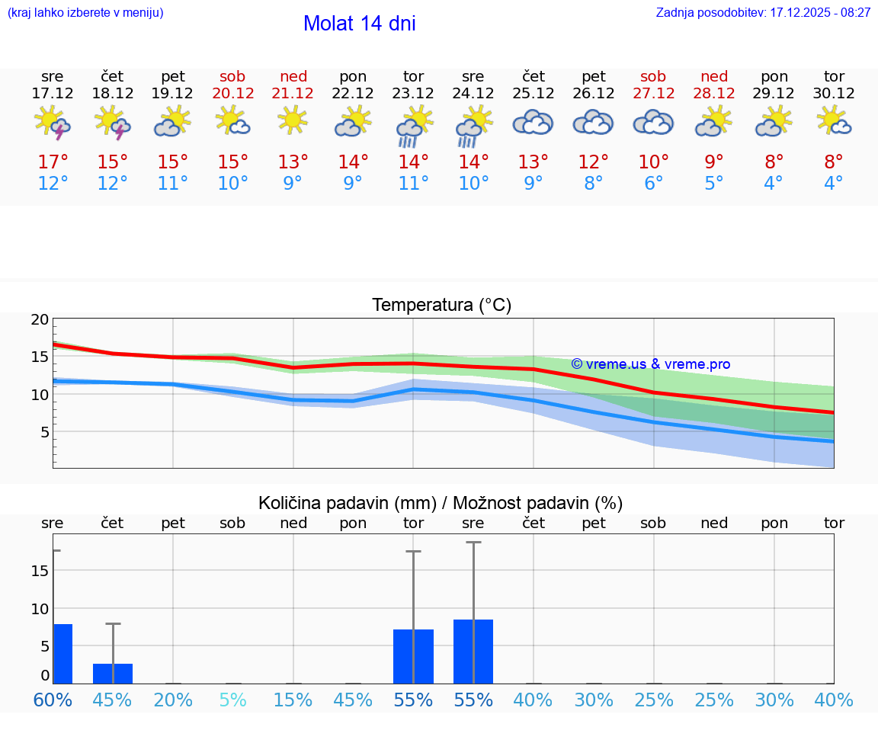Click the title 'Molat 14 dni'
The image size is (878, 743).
(x=359, y=24)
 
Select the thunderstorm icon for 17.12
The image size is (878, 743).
(x=53, y=123)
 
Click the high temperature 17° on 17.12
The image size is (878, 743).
(x=53, y=162)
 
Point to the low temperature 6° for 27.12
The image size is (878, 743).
(x=653, y=184)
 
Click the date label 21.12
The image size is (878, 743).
(x=293, y=94)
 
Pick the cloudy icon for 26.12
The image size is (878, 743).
(x=593, y=123)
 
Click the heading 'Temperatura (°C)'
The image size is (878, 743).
(x=441, y=306)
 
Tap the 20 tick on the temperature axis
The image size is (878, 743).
(x=40, y=320)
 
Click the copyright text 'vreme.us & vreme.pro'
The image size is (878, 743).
(x=650, y=364)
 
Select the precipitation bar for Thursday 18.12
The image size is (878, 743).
(x=113, y=674)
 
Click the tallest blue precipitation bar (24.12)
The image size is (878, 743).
(x=473, y=652)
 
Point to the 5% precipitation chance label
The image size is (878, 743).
(x=233, y=700)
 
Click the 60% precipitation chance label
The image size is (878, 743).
(x=53, y=700)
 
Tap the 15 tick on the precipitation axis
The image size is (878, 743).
(x=40, y=571)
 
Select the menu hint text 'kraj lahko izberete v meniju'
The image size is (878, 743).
(x=85, y=13)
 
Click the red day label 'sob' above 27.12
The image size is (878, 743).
(x=653, y=76)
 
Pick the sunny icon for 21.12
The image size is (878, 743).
(x=293, y=120)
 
